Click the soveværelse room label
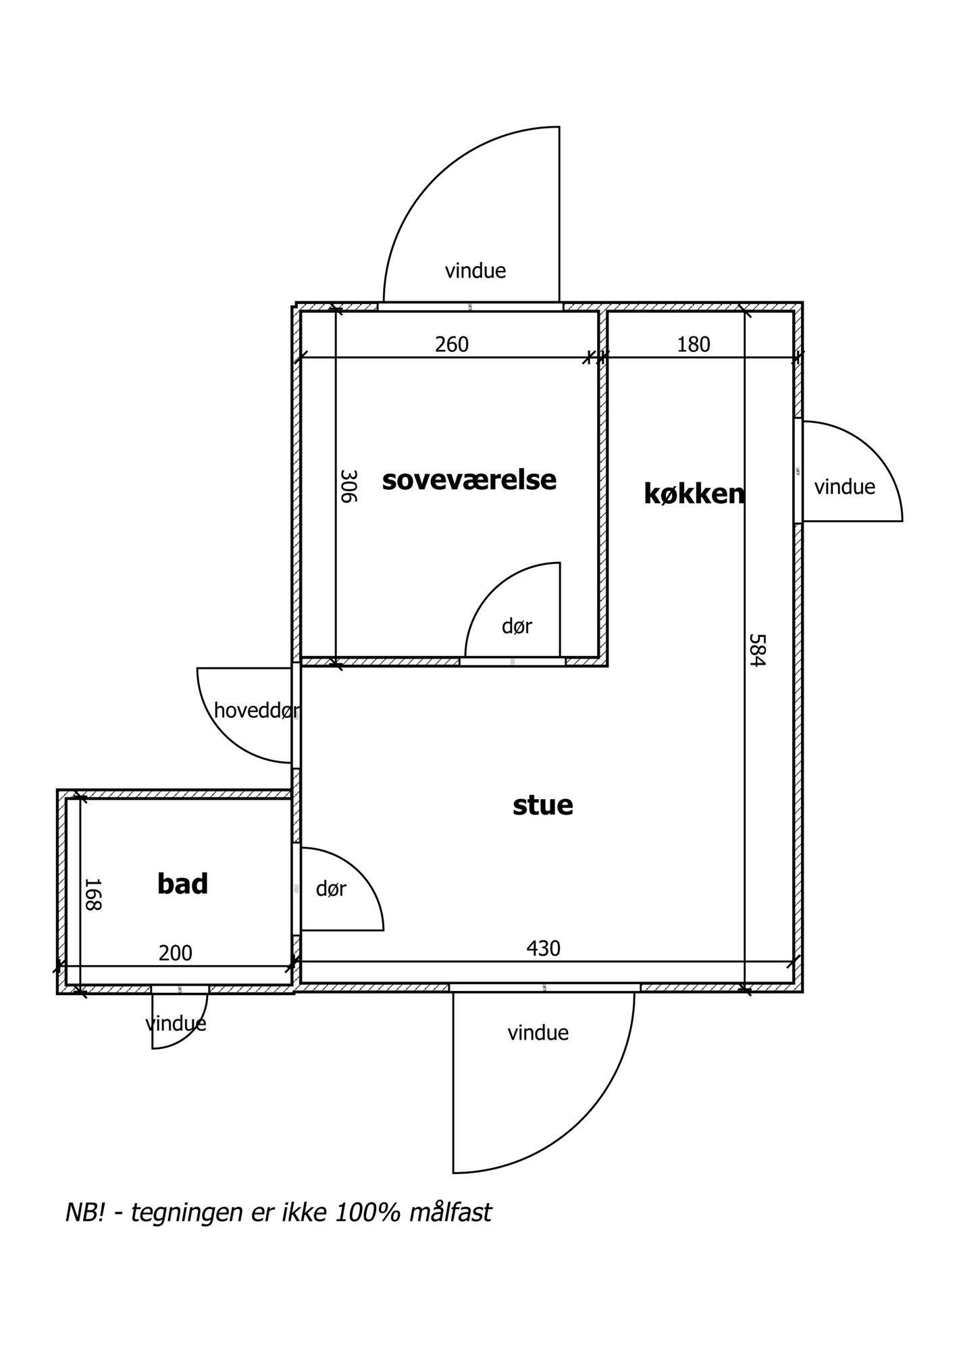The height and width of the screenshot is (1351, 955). point(469,480)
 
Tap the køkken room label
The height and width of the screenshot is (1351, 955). point(694,494)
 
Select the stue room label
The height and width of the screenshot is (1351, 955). point(542,805)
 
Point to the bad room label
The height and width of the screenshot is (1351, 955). point(182,884)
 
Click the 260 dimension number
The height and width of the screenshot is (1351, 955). point(451,345)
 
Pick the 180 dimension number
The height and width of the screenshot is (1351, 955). point(694,345)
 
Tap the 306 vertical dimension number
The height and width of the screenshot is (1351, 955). point(348,486)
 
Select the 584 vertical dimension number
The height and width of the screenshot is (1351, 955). point(757,649)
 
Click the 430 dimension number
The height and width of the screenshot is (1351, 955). point(543,948)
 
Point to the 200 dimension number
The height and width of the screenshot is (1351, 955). point(176,953)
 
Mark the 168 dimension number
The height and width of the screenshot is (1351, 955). point(93,894)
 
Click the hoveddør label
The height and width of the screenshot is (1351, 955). point(257,711)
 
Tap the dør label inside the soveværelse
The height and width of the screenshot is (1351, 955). point(517,626)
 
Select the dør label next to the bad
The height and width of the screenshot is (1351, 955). point(331,889)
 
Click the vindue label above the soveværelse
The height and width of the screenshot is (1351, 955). point(475,271)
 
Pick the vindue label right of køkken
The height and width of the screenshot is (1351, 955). point(844,487)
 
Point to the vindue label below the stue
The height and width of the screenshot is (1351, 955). point(538,1033)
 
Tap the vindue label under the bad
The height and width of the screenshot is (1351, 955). point(176,1023)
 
